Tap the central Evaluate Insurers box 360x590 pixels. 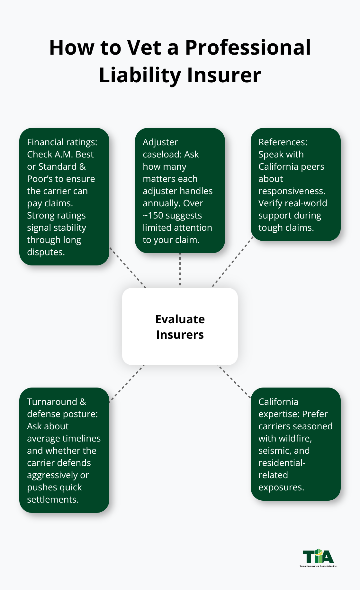click(x=180, y=326)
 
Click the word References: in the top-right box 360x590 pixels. click(x=283, y=142)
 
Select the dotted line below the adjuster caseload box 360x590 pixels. click(x=180, y=270)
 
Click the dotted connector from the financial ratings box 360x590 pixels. click(x=128, y=267)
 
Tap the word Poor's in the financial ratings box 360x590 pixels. click(x=40, y=179)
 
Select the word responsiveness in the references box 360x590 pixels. click(x=291, y=191)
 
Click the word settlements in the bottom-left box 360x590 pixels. click(x=52, y=500)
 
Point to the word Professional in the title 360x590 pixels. click(x=248, y=48)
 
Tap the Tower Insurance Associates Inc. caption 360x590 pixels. click(x=318, y=566)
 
